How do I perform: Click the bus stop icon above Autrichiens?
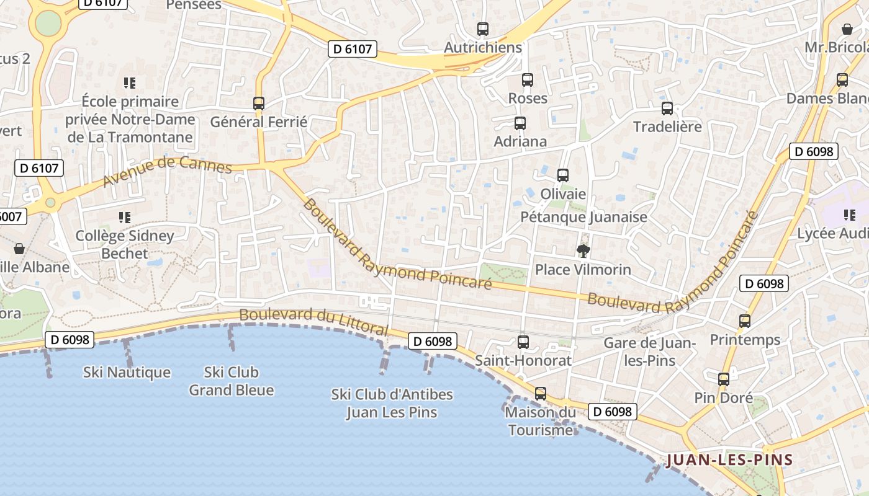click(482, 29)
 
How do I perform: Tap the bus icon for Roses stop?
click(527, 80)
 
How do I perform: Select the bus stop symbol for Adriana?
click(520, 123)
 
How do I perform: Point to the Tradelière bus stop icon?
click(667, 108)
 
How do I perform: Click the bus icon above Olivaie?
click(563, 175)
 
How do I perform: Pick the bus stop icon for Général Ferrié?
click(259, 104)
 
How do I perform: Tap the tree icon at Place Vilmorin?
click(583, 251)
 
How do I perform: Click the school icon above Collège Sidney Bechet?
click(125, 217)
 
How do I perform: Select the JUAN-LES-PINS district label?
click(730, 459)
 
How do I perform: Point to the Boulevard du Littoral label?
click(313, 320)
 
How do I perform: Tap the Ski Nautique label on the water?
click(127, 372)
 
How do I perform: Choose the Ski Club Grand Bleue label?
click(231, 381)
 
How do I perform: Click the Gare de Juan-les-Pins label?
click(649, 352)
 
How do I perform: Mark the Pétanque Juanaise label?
click(583, 217)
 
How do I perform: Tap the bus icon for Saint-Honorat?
click(523, 342)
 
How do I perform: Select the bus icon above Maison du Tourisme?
click(541, 393)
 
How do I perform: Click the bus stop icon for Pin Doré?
click(723, 379)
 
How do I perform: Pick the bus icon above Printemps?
click(745, 321)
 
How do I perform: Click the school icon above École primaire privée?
click(130, 82)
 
